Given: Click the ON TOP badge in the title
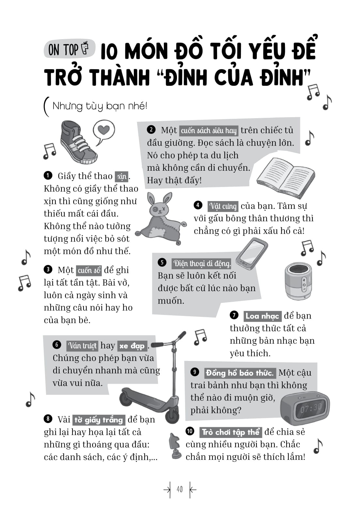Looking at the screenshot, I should click(x=69, y=50).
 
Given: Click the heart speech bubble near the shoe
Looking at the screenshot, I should click(x=104, y=131).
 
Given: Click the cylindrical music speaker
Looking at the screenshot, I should click(x=298, y=281).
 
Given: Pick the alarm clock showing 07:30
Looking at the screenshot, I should click(x=305, y=408).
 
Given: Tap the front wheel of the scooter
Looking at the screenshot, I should click(x=172, y=416).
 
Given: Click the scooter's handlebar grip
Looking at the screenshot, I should click(x=157, y=345).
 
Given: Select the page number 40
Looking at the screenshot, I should click(x=180, y=490).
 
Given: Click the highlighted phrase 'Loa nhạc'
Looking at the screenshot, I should click(x=262, y=316).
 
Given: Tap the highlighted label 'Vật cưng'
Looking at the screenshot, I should click(x=223, y=206).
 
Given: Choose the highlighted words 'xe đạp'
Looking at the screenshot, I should click(x=132, y=346).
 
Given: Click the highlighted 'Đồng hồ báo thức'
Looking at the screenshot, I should click(x=240, y=373).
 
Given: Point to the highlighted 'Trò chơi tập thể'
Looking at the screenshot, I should click(x=230, y=432).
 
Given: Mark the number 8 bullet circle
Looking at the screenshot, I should click(x=48, y=419).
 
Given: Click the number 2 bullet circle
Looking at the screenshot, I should click(x=151, y=130).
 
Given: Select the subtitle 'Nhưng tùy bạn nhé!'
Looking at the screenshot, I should click(x=100, y=106).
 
